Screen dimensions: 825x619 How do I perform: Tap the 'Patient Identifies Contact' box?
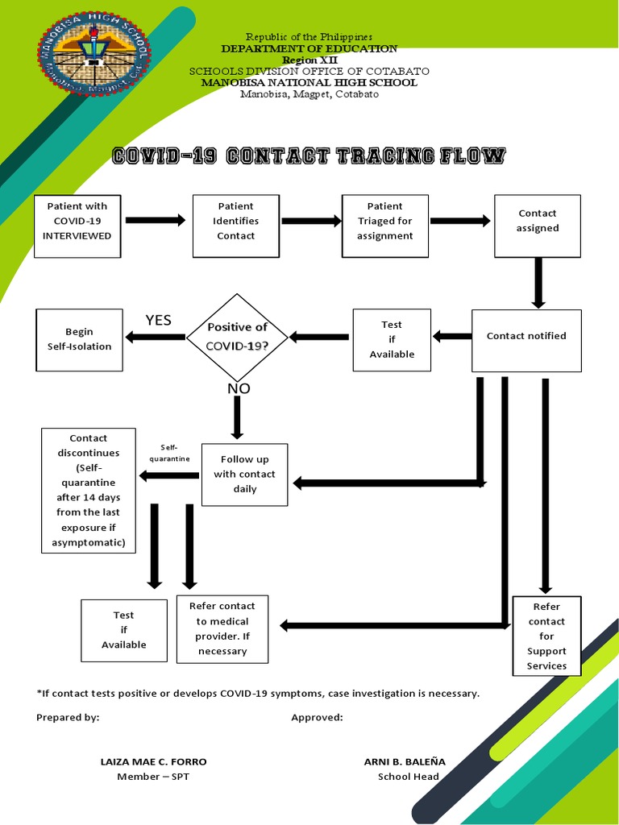click(236, 225)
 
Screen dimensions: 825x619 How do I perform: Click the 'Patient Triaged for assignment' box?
click(385, 225)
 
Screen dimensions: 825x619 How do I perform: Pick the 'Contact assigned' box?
click(538, 225)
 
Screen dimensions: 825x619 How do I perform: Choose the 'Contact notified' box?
click(526, 340)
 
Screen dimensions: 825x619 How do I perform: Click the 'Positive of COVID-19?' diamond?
click(237, 337)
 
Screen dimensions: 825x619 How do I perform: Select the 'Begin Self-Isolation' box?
click(80, 339)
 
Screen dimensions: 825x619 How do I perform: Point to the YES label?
click(159, 321)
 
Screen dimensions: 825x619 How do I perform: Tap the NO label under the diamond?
click(239, 389)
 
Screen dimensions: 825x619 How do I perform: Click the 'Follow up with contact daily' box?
click(244, 474)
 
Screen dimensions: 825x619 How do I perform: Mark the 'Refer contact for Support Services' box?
click(546, 636)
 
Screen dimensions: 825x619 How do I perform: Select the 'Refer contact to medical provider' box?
click(222, 628)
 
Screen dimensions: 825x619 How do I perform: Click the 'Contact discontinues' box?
click(89, 490)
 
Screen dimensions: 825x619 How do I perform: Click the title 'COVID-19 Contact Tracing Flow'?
click(309, 156)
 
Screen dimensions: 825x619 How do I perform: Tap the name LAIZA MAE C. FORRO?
click(153, 761)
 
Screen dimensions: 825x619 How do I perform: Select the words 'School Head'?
click(409, 777)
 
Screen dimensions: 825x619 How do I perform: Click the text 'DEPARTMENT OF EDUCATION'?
click(309, 49)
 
